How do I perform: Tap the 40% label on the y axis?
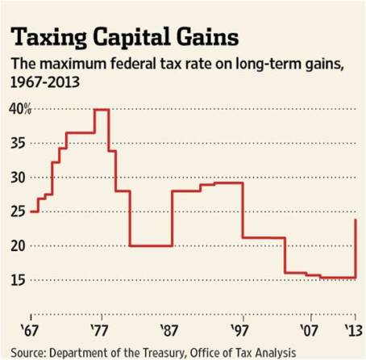(19, 109)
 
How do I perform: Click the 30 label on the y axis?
(17, 178)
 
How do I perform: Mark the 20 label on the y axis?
(17, 246)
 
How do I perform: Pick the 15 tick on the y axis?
(17, 280)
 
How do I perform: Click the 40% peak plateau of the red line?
(102, 109)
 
